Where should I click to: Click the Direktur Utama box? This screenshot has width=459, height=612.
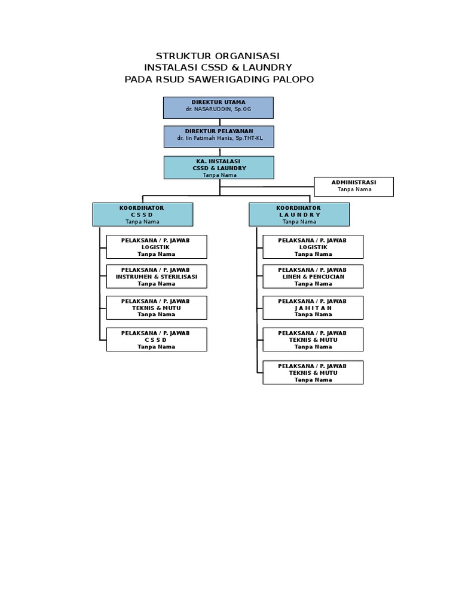[218, 108]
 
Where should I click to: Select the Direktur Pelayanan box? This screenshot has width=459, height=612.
[219, 136]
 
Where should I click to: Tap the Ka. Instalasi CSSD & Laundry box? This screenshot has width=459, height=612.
[219, 167]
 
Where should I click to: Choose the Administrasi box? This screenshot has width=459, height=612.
[354, 186]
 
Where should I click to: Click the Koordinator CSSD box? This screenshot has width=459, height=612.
[142, 214]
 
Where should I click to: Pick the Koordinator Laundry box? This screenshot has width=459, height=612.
[299, 214]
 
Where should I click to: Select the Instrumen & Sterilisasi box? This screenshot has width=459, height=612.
[157, 277]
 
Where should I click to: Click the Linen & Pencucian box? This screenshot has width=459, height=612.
[313, 277]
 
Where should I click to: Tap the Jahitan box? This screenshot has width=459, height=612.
[313, 308]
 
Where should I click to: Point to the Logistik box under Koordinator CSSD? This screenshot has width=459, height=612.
[157, 246]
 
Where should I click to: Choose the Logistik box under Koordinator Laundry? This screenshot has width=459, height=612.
[313, 246]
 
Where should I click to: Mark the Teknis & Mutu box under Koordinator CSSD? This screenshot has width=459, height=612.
[157, 308]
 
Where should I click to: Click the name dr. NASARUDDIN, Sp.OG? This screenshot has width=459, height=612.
[218, 110]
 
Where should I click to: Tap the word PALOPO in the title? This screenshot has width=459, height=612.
[292, 79]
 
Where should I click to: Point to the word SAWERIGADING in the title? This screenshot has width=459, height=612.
[231, 79]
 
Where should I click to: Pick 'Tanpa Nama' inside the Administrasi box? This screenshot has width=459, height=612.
[354, 189]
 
